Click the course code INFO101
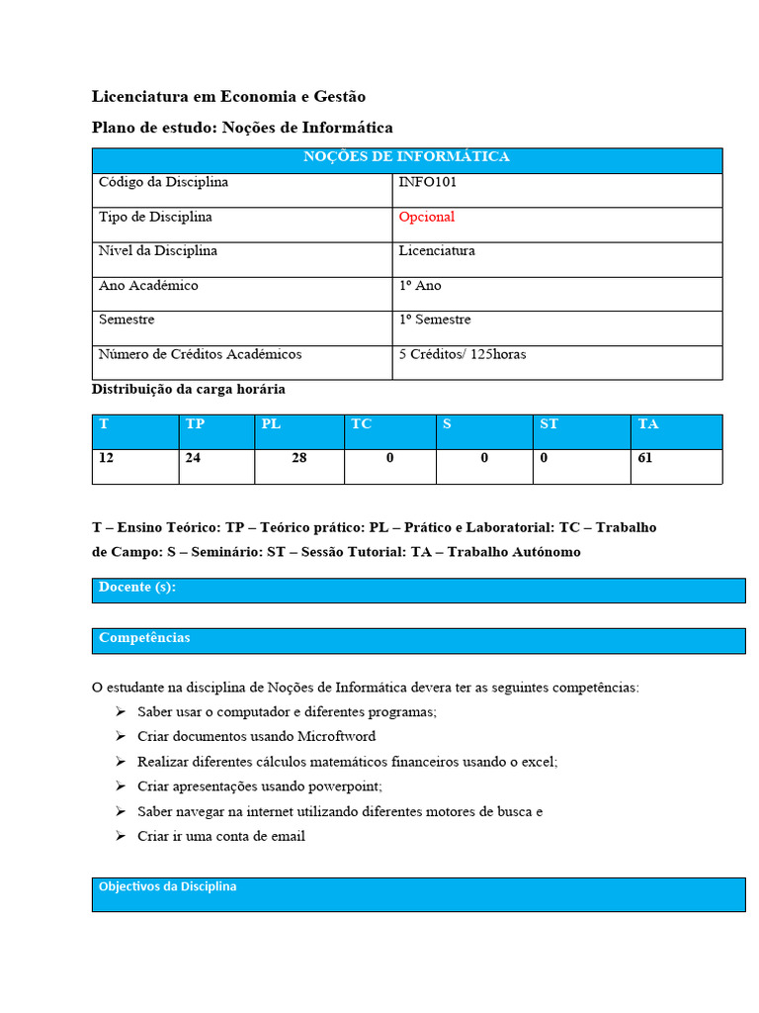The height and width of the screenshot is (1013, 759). [427, 182]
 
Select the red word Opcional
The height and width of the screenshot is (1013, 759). [426, 217]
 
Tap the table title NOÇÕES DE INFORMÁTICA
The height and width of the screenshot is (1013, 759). [406, 157]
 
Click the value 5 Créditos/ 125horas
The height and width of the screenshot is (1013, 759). [462, 354]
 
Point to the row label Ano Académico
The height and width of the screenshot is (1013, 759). [148, 286]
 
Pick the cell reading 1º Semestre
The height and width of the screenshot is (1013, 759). [434, 320]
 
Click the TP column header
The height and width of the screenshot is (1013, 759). [195, 424]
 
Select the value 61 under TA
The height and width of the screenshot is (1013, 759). [645, 459]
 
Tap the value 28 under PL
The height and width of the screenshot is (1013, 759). [298, 459]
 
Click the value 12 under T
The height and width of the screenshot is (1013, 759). [106, 459]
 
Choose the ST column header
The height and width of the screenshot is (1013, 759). [548, 424]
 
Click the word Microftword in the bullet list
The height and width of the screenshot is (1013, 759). [340, 737]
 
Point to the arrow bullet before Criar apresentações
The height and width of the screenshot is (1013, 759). [120, 786]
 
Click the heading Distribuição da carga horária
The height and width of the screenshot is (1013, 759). [189, 390]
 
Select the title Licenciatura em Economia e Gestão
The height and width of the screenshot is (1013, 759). [228, 97]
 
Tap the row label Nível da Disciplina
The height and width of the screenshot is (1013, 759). [158, 251]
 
